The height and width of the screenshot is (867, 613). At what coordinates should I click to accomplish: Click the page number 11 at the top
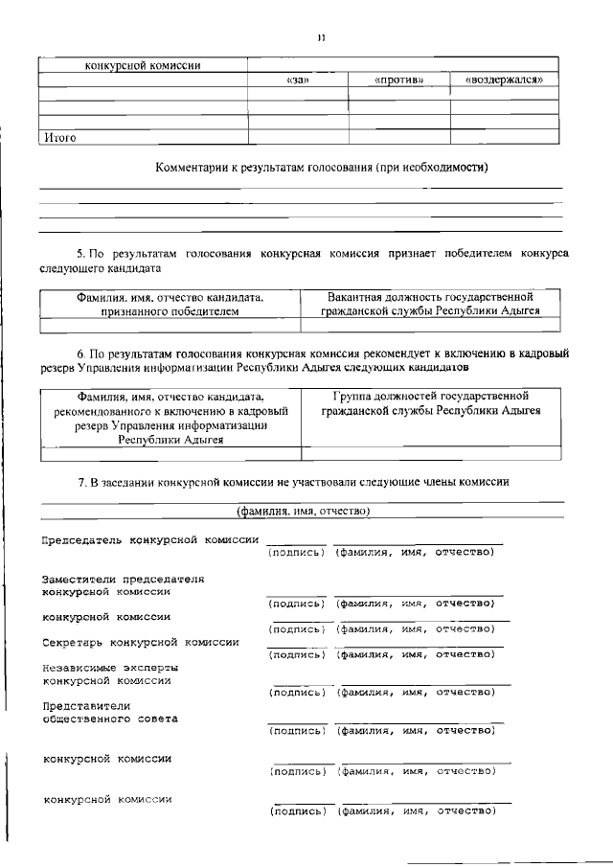click(321, 38)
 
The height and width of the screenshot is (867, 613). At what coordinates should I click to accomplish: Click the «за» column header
click(297, 80)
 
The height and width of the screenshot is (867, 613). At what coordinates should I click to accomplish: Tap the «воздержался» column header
click(505, 80)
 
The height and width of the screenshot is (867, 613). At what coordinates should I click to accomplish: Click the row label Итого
click(59, 137)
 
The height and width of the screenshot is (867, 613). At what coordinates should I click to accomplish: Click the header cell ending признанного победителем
click(170, 305)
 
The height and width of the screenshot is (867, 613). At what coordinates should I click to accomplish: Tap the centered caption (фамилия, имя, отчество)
click(303, 512)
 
